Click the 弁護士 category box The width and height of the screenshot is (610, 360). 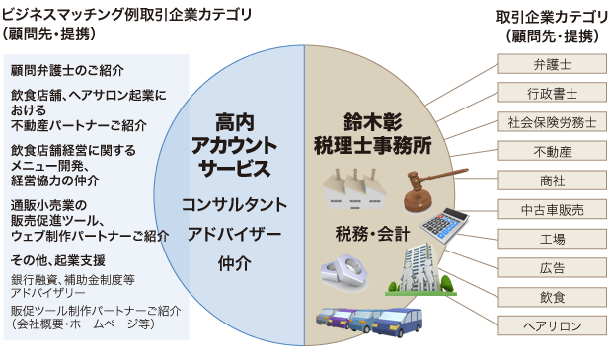tap(552, 64)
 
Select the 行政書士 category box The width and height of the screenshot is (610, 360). tap(552, 94)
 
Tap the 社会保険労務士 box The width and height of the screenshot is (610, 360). tap(552, 122)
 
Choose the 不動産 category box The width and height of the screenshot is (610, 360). tap(552, 152)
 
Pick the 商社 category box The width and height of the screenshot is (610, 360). tap(552, 180)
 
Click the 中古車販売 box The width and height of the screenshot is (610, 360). tap(552, 210)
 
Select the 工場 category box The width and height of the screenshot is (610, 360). tap(552, 239)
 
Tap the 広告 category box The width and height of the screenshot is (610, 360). tap(552, 268)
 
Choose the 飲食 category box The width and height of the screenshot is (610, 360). tap(552, 298)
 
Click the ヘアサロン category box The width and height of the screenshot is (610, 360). tap(552, 326)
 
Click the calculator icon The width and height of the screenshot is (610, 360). tap(443, 226)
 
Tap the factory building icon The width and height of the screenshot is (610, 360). tap(354, 189)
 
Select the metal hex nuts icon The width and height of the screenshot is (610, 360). tap(344, 272)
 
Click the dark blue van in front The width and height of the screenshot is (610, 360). tap(398, 323)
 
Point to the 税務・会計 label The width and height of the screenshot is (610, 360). tap(373, 234)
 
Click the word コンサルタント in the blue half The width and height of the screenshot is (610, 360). tap(235, 205)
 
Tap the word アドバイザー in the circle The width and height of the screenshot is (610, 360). tap(235, 234)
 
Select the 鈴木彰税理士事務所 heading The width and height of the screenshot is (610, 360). tap(373, 134)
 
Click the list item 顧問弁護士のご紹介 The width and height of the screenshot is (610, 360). tap(68, 70)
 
